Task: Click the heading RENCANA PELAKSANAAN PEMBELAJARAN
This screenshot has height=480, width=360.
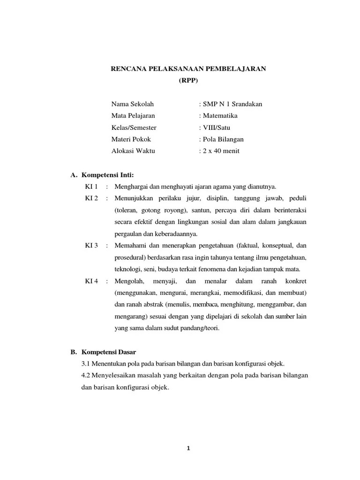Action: [x=188, y=68]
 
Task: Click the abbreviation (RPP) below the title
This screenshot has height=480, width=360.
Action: [x=188, y=80]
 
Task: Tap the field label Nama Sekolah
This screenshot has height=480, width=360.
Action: [x=132, y=104]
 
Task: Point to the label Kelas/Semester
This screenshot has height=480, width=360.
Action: [x=134, y=127]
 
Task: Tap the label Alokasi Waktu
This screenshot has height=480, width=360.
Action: [x=133, y=151]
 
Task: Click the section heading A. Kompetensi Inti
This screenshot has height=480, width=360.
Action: [x=102, y=175]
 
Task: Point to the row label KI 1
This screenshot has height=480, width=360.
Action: [x=91, y=187]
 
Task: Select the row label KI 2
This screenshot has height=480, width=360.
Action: [x=91, y=198]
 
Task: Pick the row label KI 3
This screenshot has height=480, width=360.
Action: [x=91, y=246]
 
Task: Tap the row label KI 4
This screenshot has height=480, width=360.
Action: [x=91, y=281]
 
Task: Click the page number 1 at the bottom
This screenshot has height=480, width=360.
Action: [x=188, y=448]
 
